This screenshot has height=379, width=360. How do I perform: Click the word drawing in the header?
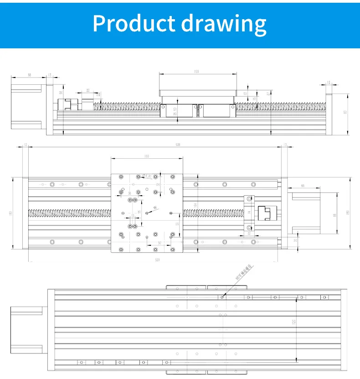click(x=223, y=23)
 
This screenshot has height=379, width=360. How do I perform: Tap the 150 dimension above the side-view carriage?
click(x=197, y=72)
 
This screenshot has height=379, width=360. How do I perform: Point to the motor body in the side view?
click(x=27, y=105)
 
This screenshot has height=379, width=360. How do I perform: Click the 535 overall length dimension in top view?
click(x=178, y=145)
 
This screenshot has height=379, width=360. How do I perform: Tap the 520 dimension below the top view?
click(x=158, y=260)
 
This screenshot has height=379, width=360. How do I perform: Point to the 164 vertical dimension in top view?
click(x=195, y=205)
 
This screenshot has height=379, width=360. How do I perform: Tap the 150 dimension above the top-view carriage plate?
click(x=146, y=156)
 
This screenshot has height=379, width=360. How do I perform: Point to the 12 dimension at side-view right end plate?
click(x=329, y=83)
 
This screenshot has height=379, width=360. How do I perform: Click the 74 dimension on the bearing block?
click(x=249, y=213)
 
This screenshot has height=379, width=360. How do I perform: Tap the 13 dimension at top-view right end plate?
click(x=285, y=145)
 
